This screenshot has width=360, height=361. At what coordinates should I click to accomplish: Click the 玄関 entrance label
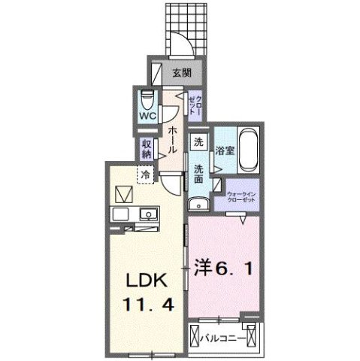point(180,72)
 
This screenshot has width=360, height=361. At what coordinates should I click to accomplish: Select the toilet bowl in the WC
point(147,100)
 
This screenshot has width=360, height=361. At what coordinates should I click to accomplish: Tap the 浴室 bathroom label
point(225,149)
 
